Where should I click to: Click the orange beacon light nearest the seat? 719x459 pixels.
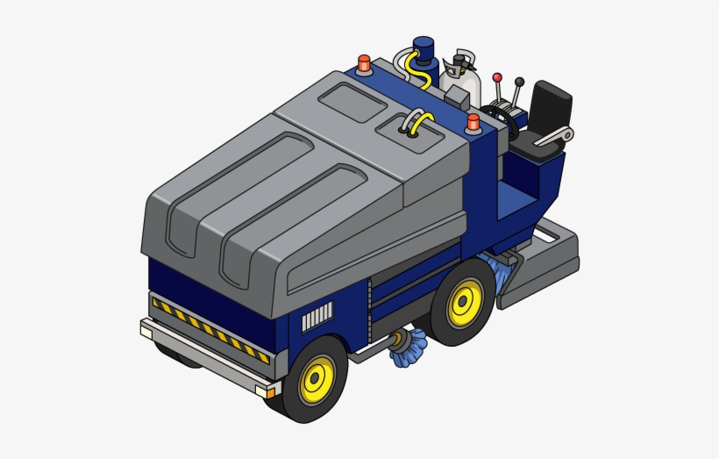pos(473,121)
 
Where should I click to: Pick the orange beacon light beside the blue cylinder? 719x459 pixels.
pos(364,63)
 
